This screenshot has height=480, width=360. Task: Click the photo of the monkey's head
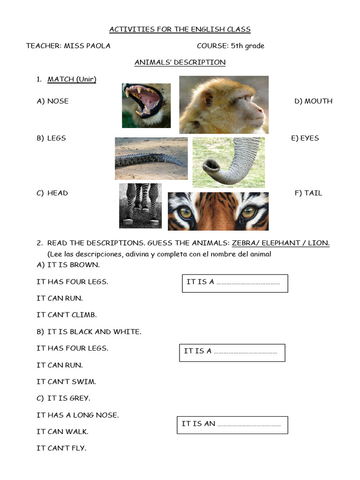[x=224, y=105]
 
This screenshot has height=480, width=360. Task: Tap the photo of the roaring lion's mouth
[x=146, y=105]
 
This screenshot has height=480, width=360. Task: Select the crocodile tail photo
[x=151, y=158]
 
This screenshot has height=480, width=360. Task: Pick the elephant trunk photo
[x=228, y=162]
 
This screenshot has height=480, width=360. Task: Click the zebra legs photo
[x=140, y=205]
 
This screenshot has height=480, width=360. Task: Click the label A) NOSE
[x=52, y=101]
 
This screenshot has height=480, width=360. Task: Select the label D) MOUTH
[x=313, y=101]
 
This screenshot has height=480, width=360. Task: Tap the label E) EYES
[x=305, y=138]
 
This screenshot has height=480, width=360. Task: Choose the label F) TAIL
[x=308, y=193]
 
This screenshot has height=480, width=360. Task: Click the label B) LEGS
[x=52, y=138]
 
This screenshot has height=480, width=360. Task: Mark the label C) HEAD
[x=52, y=193]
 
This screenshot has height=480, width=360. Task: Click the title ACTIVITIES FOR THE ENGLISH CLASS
[x=180, y=30]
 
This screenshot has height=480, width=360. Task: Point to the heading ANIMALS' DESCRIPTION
[x=180, y=62]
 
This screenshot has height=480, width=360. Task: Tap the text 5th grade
[x=247, y=46]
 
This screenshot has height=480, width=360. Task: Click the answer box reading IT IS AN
[x=232, y=424]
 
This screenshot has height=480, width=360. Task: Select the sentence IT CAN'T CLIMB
[x=67, y=315]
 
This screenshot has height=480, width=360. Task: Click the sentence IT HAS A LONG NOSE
[x=78, y=415]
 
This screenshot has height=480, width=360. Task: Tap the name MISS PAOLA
[x=87, y=46]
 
